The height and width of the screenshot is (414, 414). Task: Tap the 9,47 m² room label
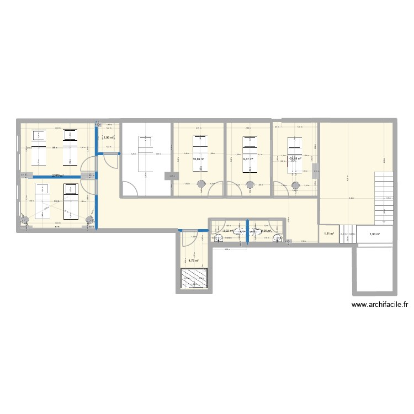click(248, 159)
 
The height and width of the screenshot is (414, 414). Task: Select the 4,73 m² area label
click(194, 261)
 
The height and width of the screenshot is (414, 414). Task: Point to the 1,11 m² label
click(328, 235)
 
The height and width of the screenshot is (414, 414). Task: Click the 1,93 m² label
click(375, 235)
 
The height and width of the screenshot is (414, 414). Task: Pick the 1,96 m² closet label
click(109, 138)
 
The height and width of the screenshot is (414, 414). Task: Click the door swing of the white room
click(131, 188)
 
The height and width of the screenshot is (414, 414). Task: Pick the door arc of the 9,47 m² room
click(234, 188)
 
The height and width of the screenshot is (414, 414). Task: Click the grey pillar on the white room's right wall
click(170, 176)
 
